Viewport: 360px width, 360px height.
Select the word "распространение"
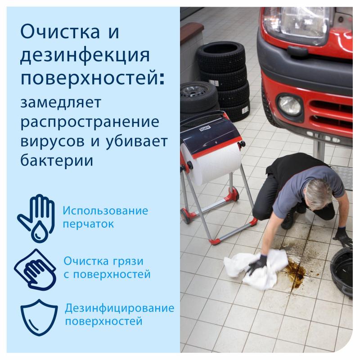[90, 122]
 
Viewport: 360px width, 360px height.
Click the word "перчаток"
[88, 223]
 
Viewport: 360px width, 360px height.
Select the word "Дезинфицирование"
[119, 309]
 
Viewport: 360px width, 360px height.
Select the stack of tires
[223, 81]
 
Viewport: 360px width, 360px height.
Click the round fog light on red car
[288, 104]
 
